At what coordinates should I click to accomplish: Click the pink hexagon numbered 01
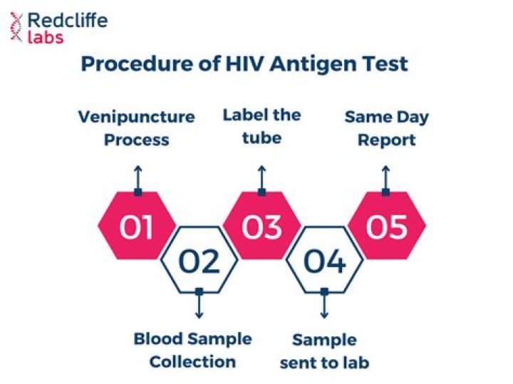click(x=137, y=227)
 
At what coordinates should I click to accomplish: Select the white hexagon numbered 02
click(x=199, y=261)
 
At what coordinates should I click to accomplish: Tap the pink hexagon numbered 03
click(x=261, y=227)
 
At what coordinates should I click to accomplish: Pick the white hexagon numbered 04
click(x=324, y=261)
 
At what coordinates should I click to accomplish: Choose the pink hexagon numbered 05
click(x=386, y=227)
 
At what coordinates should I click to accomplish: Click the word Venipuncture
click(x=136, y=117)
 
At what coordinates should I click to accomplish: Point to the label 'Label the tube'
click(x=261, y=125)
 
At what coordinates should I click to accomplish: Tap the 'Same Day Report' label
click(x=385, y=128)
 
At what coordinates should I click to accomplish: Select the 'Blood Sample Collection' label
click(x=192, y=350)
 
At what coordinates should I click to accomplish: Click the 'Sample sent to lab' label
click(x=324, y=351)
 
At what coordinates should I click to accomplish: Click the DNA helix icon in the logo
click(x=15, y=27)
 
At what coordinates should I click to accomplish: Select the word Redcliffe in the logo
click(x=67, y=19)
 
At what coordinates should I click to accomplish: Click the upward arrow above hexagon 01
click(x=138, y=177)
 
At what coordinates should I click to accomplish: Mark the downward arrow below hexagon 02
click(x=199, y=305)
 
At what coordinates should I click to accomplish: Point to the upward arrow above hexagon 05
click(x=385, y=177)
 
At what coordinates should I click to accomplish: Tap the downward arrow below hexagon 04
click(x=324, y=305)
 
